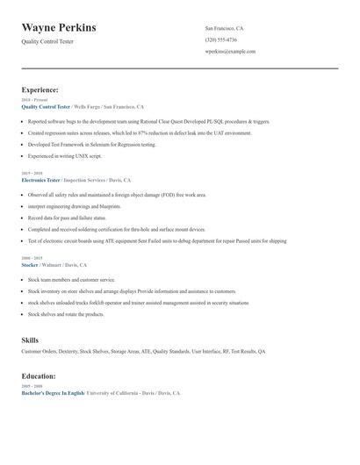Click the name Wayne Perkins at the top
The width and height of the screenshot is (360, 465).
pos(59,28)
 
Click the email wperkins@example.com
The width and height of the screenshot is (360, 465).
pos(230,52)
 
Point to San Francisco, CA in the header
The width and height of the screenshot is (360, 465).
pos(224,28)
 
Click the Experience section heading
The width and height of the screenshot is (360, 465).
pos(40,89)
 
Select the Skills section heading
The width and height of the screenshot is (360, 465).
pos(30,339)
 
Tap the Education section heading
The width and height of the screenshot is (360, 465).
pos(40,376)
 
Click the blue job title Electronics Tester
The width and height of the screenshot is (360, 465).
pos(40,179)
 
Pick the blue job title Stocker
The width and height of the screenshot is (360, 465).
pos(31,263)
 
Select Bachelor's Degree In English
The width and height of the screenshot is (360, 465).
pos(53,394)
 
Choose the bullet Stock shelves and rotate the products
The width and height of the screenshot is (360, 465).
pos(66,313)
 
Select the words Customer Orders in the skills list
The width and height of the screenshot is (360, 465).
pos(37,351)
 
